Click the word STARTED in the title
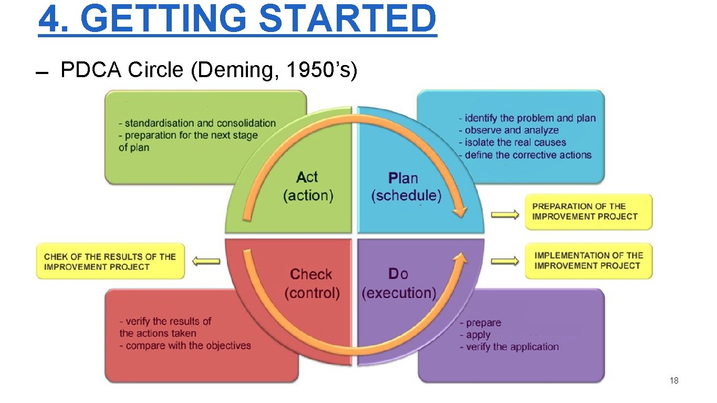[347, 18]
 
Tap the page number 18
[674, 380]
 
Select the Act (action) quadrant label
[308, 186]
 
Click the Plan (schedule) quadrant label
[406, 187]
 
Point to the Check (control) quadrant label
[312, 283]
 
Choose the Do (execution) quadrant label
[399, 283]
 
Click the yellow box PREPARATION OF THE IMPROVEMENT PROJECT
[588, 211]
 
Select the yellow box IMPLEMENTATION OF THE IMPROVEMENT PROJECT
[588, 261]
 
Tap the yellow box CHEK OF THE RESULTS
[110, 261]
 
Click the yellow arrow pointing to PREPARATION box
[504, 214]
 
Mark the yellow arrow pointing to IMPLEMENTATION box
[504, 261]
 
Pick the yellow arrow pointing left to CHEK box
[206, 261]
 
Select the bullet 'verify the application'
[512, 346]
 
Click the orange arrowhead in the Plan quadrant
[460, 210]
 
